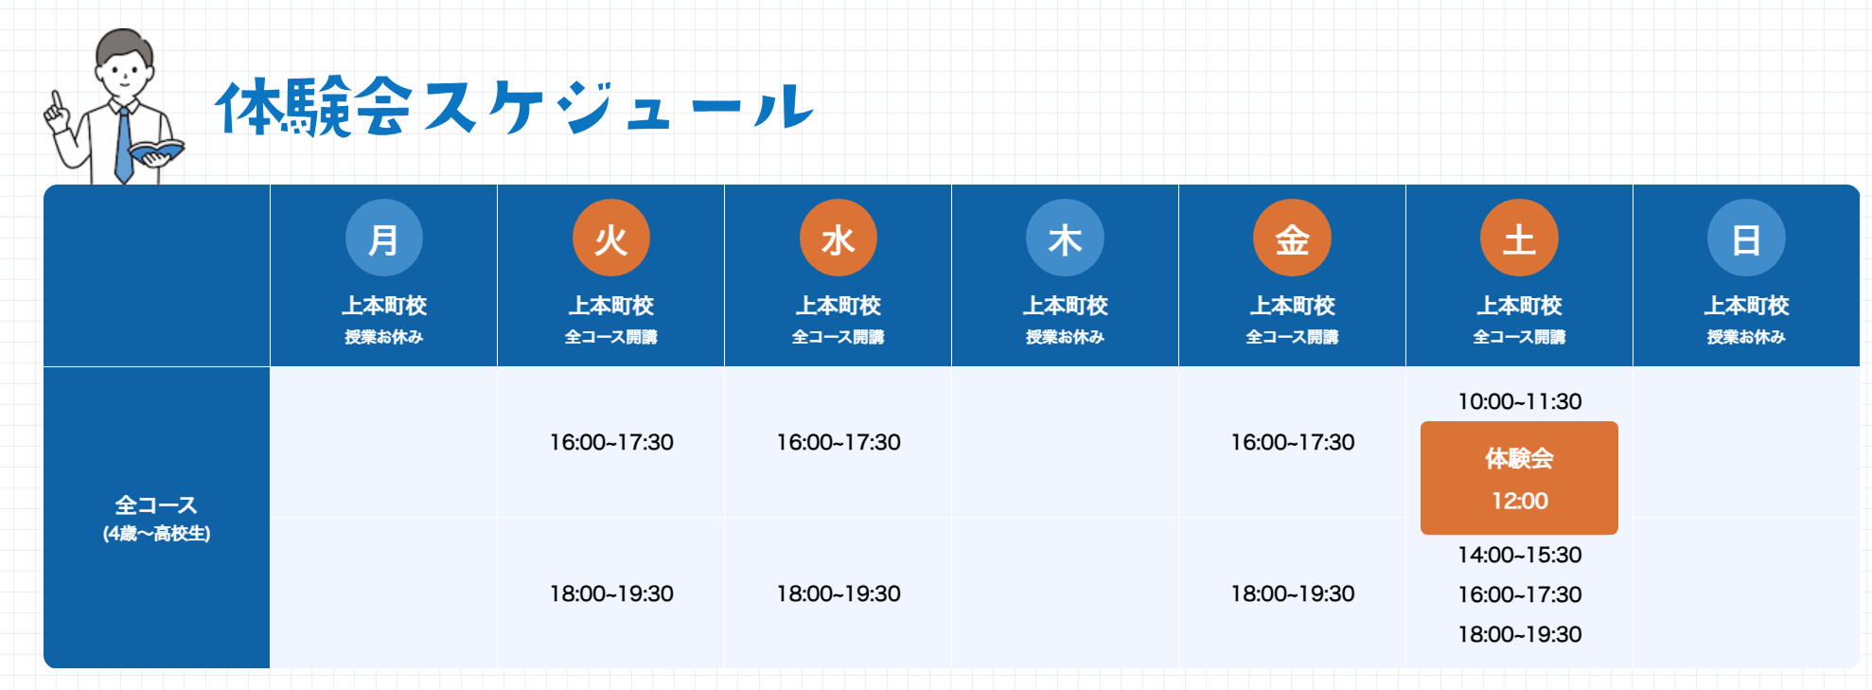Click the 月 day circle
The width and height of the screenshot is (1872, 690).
pyautogui.click(x=383, y=238)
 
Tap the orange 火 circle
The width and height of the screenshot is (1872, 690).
pyautogui.click(x=610, y=238)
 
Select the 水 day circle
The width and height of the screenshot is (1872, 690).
pyautogui.click(x=838, y=238)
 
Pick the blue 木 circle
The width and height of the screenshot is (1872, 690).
pyautogui.click(x=1065, y=238)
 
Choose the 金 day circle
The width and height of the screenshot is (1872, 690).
pyautogui.click(x=1292, y=238)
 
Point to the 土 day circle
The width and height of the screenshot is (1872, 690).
pyautogui.click(x=1519, y=238)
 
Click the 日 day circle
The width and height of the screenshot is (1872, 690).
pyautogui.click(x=1746, y=238)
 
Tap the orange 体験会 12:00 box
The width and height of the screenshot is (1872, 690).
pyautogui.click(x=1519, y=478)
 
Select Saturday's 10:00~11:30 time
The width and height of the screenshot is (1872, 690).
pyautogui.click(x=1519, y=401)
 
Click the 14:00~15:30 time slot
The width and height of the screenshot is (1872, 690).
pyautogui.click(x=1519, y=555)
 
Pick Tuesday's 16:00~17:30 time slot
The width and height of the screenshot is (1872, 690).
pyautogui.click(x=611, y=442)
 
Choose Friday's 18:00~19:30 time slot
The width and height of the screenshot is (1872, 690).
pyautogui.click(x=1292, y=593)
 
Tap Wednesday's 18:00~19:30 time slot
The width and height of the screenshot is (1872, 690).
pyautogui.click(x=838, y=593)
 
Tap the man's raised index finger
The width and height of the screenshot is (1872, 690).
pyautogui.click(x=57, y=100)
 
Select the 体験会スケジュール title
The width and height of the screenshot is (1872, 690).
pyautogui.click(x=514, y=106)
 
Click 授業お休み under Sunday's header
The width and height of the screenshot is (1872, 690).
pyautogui.click(x=1746, y=337)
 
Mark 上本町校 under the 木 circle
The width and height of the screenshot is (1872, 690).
pyautogui.click(x=1065, y=306)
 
